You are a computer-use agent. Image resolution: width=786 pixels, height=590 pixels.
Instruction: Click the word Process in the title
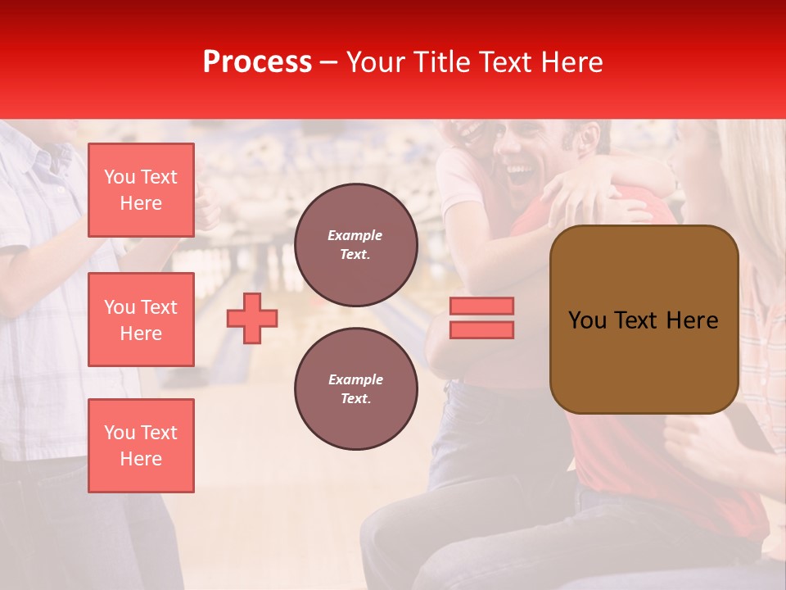coord(257,62)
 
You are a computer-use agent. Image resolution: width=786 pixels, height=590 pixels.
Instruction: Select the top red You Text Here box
coord(141,190)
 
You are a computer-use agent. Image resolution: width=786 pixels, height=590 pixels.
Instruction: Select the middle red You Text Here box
coord(141,320)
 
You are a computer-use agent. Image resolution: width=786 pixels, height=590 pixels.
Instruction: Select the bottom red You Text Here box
coord(141,445)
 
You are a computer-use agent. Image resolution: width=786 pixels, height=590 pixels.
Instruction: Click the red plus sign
coord(252,318)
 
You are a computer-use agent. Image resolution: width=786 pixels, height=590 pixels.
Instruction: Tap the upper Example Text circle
coord(355,245)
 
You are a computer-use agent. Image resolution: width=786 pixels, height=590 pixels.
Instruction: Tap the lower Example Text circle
coord(355,389)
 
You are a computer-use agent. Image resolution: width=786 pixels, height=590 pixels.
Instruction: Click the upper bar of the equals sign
coord(481,306)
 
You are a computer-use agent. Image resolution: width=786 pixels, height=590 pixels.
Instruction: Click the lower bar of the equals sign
coord(481,329)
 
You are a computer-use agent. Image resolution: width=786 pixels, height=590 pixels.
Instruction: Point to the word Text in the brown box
coord(636,320)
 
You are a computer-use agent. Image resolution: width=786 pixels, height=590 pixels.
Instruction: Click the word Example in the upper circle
coord(355,235)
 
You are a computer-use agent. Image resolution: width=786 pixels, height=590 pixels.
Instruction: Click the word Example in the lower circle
coord(355,379)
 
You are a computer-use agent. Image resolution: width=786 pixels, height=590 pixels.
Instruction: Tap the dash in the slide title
coord(329,62)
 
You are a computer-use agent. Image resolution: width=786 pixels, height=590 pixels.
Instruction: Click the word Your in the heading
coord(373,62)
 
